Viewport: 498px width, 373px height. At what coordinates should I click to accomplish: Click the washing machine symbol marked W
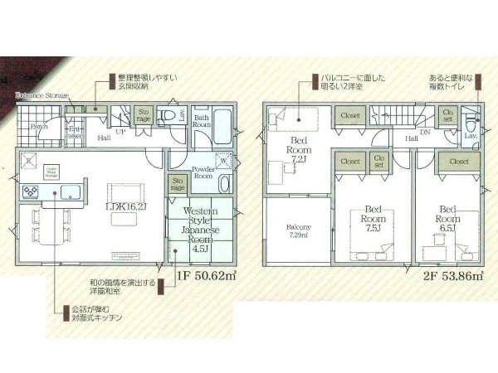click(222, 162)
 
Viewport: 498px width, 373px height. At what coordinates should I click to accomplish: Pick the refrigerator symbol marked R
click(27, 161)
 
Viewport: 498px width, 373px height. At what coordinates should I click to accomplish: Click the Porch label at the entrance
click(39, 127)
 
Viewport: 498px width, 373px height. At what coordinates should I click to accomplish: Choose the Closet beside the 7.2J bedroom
click(349, 115)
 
